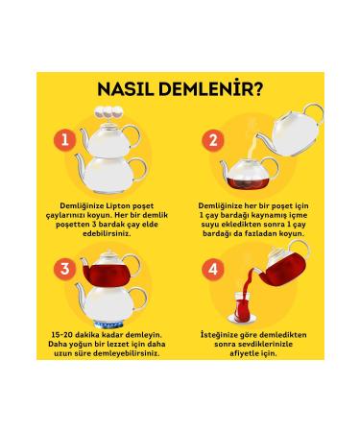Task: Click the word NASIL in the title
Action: tap(126, 88)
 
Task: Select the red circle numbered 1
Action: tap(65, 140)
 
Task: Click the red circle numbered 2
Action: tap(213, 140)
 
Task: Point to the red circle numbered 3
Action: tap(65, 269)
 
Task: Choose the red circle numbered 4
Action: tap(213, 269)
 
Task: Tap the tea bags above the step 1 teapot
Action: tap(108, 112)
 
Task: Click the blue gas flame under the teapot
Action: tap(108, 324)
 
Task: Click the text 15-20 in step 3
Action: tap(61, 335)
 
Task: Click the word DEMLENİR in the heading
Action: tap(204, 88)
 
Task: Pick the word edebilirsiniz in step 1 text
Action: tap(107, 233)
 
